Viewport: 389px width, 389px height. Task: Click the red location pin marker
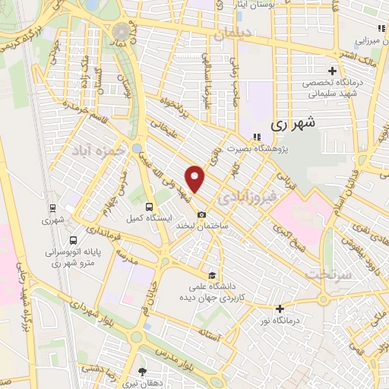[195, 179]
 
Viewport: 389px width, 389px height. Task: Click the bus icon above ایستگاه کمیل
[149, 206]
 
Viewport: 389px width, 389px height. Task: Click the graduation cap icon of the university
[213, 275]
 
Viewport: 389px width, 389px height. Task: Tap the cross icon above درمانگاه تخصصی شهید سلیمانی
[332, 71]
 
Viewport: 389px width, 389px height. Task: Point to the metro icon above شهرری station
[52, 207]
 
